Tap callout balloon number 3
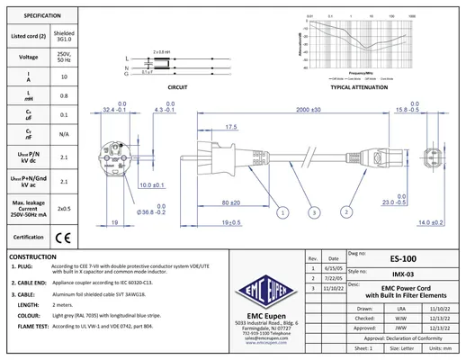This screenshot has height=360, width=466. (x=313, y=212)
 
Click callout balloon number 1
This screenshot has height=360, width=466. (x=282, y=212)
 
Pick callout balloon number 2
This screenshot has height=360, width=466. (x=345, y=212)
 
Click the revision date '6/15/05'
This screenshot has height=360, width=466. (x=332, y=268)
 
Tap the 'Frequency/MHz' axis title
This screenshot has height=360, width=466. (x=363, y=72)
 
